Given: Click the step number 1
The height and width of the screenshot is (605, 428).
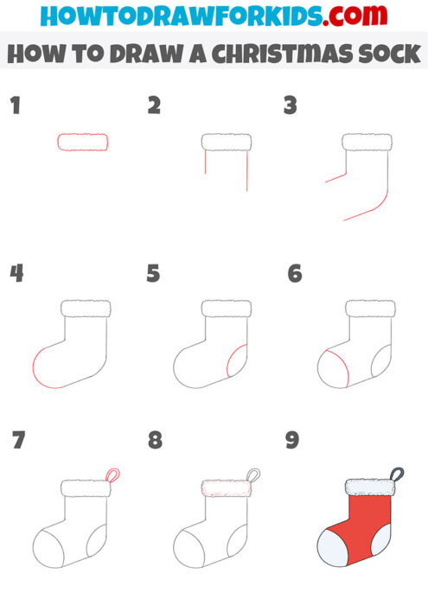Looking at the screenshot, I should tap(15, 107).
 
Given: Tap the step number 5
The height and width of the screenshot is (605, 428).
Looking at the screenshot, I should tap(153, 274).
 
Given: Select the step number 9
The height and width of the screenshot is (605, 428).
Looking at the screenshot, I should tap(292, 441).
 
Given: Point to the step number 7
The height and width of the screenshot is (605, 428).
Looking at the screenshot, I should tap(17, 441).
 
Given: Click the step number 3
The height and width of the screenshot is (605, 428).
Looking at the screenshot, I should tap(291, 107).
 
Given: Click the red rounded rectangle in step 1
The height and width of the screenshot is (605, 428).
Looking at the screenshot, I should tap(83, 143).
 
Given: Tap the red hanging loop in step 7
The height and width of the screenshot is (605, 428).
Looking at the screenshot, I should tap(112, 474).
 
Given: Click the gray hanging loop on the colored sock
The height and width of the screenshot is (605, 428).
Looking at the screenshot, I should tap(396, 474).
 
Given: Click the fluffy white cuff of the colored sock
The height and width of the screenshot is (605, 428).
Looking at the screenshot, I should tap(369, 488).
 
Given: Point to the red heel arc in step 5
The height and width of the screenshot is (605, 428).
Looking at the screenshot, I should tap(233, 360).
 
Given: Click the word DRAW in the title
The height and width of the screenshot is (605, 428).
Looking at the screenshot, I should tap(139, 54).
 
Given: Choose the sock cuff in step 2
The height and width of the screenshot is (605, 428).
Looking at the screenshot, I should tap(226, 143).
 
